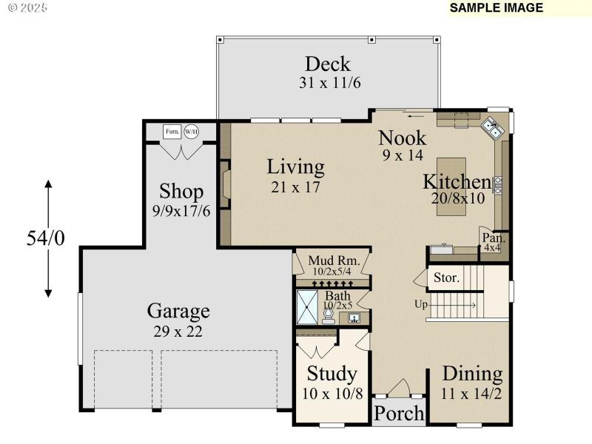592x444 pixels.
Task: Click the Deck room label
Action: [328, 64]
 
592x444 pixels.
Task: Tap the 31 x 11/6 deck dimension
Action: [329, 83]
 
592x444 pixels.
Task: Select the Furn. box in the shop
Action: [172, 132]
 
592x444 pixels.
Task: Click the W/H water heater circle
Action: [191, 132]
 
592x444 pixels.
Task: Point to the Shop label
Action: [181, 192]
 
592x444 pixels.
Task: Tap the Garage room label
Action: [178, 311]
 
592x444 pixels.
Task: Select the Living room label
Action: [295, 166]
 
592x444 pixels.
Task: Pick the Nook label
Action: [403, 138]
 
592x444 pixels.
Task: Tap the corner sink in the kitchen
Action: [493, 129]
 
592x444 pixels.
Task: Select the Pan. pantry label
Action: [494, 238]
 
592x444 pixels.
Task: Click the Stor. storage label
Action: [446, 279]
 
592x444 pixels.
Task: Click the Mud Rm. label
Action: [334, 260]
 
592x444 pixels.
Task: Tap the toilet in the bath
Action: [328, 314]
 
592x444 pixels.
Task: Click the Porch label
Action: [398, 413]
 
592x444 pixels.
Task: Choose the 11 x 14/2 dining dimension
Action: [472, 393]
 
